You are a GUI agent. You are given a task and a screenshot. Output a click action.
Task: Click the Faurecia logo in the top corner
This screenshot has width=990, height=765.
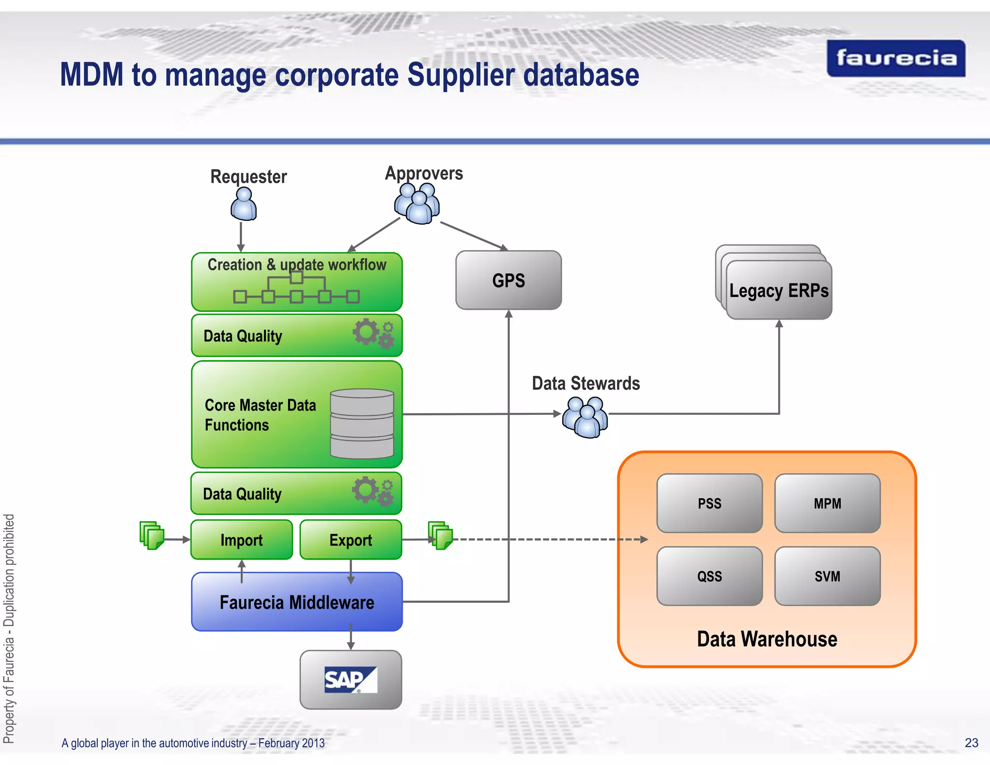tap(896, 59)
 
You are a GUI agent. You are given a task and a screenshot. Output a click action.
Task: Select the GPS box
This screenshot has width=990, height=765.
tap(509, 280)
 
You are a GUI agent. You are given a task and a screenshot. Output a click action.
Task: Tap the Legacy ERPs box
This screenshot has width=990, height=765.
tap(779, 290)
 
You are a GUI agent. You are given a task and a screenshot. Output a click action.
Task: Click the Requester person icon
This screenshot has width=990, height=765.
tap(244, 204)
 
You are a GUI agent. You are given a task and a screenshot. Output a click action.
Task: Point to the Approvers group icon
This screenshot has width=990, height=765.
tap(417, 203)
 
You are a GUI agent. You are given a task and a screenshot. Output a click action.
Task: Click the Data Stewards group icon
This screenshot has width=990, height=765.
tap(585, 417)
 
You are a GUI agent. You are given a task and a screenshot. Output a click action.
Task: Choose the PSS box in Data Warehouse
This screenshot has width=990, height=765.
tap(709, 503)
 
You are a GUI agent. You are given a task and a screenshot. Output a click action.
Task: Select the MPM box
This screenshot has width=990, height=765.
tap(827, 503)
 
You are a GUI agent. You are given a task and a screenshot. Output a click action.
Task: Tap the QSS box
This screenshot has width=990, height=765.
tap(709, 576)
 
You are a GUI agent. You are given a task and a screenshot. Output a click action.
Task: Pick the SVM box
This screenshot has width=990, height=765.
tap(827, 576)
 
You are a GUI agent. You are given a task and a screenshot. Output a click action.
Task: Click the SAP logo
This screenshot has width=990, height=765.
tap(350, 679)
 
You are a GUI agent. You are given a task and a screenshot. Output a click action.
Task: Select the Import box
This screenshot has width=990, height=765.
tap(241, 540)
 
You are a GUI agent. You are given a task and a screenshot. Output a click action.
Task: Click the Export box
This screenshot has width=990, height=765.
tap(350, 540)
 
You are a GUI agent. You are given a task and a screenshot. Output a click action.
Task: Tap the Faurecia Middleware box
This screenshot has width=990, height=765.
tap(297, 602)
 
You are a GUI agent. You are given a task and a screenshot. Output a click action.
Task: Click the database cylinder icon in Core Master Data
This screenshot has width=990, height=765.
tap(362, 424)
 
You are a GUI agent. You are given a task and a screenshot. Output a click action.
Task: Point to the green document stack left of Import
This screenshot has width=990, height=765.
tap(152, 535)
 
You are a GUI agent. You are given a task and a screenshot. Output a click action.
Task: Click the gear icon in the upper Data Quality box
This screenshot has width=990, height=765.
tap(373, 333)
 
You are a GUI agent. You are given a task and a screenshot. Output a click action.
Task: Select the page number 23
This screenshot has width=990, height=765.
tap(971, 743)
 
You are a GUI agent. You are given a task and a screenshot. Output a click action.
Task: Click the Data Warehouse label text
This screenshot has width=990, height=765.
tap(767, 639)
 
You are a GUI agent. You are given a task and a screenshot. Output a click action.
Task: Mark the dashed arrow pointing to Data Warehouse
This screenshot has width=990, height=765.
tap(551, 539)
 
